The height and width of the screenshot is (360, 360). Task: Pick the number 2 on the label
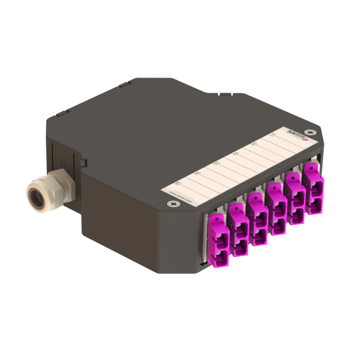[254, 144]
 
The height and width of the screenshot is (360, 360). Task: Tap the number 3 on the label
[236, 153]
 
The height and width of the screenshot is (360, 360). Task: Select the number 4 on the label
[216, 163]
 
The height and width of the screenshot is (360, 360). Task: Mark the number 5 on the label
[196, 173]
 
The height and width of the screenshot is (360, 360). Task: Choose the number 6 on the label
[177, 183]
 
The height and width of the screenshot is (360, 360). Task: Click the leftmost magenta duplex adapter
[219, 241]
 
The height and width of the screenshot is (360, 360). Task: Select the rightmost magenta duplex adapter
[313, 188]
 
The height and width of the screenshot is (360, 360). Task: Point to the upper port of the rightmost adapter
[313, 181]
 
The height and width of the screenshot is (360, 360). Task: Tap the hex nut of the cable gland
[58, 189]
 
